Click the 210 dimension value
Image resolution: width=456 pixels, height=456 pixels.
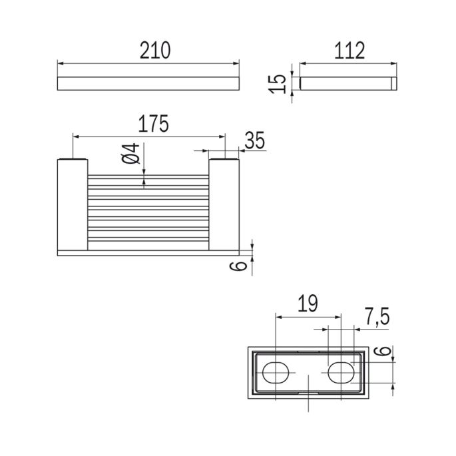click(x=155, y=50)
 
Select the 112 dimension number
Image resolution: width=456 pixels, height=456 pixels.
click(x=350, y=50)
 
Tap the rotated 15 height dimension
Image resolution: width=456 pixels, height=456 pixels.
click(x=280, y=83)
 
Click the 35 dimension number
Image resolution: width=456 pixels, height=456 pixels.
click(x=254, y=140)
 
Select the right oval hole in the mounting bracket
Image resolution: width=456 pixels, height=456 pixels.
click(x=341, y=372)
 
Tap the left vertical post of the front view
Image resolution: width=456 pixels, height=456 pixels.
click(x=72, y=205)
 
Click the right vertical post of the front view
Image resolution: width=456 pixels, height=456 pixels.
click(x=224, y=205)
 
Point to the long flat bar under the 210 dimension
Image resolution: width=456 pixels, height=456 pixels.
click(x=148, y=83)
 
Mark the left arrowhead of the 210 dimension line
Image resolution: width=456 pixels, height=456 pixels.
click(x=60, y=63)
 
